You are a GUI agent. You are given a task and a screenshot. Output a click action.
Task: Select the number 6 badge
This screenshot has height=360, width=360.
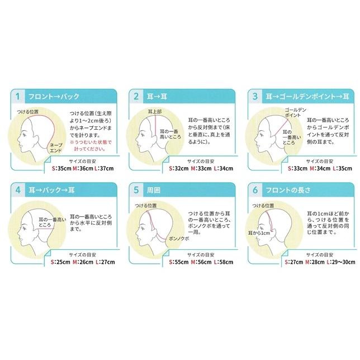click(x=254, y=190)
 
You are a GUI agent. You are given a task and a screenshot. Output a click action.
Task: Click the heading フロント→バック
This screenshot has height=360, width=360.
click(x=50, y=96)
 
